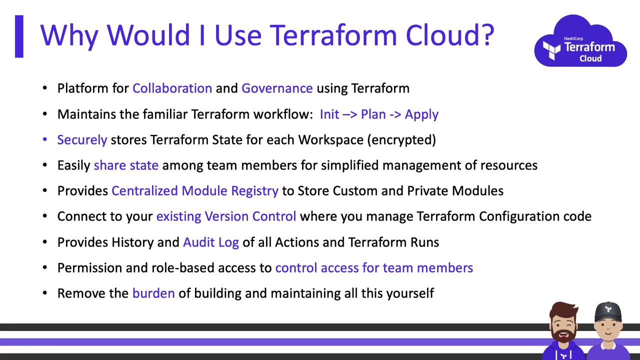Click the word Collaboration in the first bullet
point(172,88)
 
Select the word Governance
point(277,88)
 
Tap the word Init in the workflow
point(329,114)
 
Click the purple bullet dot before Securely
point(45,139)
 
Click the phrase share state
point(126,165)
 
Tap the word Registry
point(254,191)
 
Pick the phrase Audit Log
point(211,243)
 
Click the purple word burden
point(153,293)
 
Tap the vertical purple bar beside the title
point(19,36)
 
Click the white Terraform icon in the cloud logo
point(551,50)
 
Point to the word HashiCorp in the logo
point(573,38)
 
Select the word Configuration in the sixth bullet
point(519,217)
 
